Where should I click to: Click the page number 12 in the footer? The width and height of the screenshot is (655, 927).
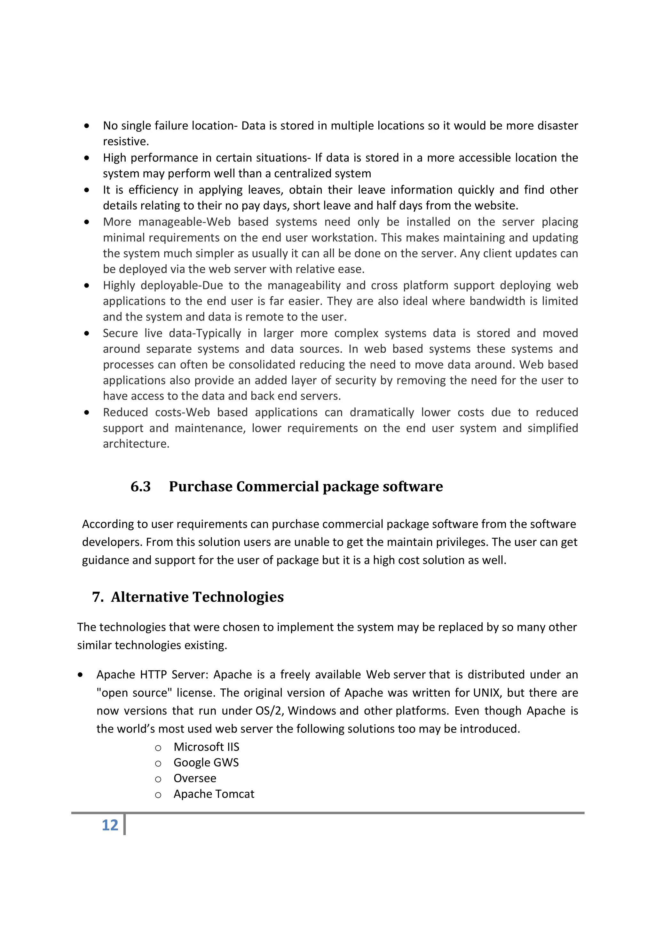click(x=110, y=825)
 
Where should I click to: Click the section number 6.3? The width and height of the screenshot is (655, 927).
click(x=140, y=487)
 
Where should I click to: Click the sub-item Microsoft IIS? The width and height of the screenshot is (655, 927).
click(x=206, y=747)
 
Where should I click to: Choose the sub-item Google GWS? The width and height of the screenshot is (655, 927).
click(x=206, y=763)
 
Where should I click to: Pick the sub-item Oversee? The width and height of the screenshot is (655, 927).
click(x=194, y=779)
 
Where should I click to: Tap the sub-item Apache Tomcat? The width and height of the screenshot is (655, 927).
click(x=214, y=794)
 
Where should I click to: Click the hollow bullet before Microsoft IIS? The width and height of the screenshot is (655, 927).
click(x=158, y=748)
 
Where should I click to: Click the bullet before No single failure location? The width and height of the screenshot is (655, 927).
click(x=87, y=126)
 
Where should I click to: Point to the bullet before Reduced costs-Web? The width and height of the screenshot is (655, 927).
click(x=87, y=413)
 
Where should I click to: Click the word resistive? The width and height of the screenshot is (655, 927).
click(x=125, y=142)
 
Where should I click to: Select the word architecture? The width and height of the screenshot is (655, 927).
click(x=136, y=444)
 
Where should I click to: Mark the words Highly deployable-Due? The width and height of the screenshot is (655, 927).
click(x=163, y=285)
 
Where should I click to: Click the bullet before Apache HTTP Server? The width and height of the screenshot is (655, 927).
click(x=80, y=675)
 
